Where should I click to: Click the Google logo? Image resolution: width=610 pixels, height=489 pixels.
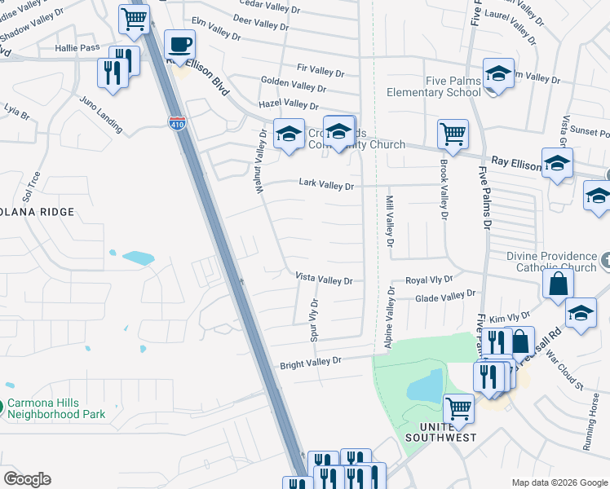tap(27, 479)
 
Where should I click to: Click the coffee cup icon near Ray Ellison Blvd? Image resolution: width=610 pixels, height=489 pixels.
tap(179, 45)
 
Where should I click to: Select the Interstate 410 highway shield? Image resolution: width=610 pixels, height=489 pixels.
tap(177, 123)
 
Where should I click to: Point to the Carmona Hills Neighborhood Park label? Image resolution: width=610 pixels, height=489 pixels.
tap(56, 408)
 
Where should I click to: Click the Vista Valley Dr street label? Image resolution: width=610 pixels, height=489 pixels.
tap(324, 280)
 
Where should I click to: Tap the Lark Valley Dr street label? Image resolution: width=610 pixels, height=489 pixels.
tap(326, 186)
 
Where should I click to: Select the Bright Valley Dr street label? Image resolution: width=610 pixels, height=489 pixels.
tap(319, 360)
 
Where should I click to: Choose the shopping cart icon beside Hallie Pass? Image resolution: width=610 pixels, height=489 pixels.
tap(133, 18)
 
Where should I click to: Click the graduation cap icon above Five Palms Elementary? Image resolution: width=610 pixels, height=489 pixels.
tap(497, 74)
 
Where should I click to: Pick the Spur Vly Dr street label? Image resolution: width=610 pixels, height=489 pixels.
tap(313, 319)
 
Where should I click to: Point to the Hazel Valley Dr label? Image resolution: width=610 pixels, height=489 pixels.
tap(288, 104)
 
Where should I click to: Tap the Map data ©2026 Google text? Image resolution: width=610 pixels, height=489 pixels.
tap(559, 482)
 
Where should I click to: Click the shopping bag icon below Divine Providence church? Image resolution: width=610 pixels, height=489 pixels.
tap(558, 284)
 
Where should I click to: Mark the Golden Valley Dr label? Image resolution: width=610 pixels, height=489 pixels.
tap(294, 83)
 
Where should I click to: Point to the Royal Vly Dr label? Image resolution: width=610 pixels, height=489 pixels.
tap(429, 280)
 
